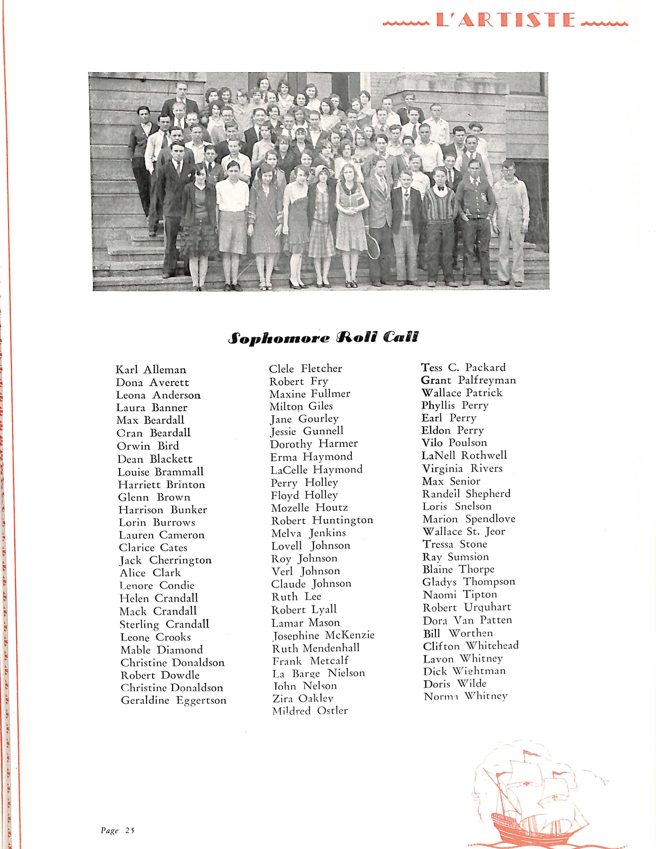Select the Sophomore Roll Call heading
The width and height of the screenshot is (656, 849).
point(323,337)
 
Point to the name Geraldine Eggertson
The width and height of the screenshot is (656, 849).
point(174,700)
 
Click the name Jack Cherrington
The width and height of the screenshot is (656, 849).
point(165,560)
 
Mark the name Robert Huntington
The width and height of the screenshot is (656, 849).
point(322,520)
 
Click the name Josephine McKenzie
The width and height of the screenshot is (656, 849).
point(323,635)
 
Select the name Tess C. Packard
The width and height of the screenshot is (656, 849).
point(464,367)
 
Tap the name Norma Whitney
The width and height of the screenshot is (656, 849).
point(465,696)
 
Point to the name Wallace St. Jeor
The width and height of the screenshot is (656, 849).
point(464,531)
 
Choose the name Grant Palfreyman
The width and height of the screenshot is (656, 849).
point(468,380)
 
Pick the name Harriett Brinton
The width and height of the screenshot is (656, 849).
point(161,484)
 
